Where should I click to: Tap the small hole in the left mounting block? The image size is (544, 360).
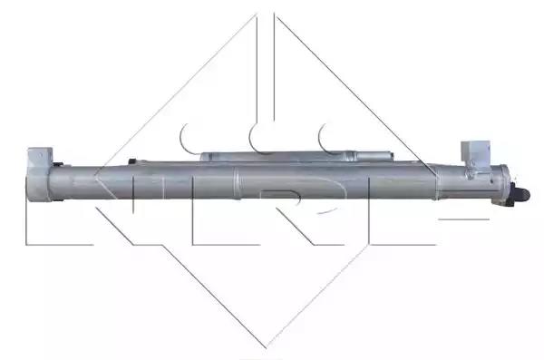[x=41, y=155]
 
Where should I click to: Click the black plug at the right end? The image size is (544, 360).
[x=520, y=194]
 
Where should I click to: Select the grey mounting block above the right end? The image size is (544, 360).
[x=475, y=151]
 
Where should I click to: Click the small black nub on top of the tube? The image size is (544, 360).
[x=132, y=161]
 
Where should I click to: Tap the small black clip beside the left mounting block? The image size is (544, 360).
[x=58, y=164]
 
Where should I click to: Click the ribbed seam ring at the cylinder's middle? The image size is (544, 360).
[x=237, y=183]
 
